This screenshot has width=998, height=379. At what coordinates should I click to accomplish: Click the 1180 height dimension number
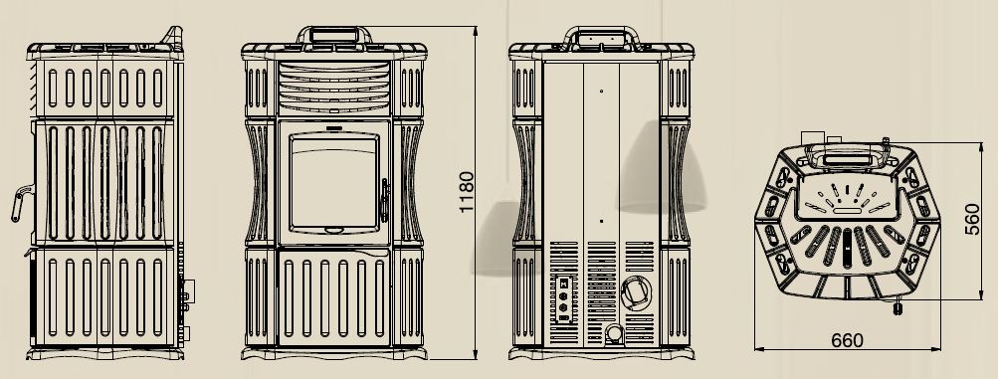pyautogui.click(x=467, y=192)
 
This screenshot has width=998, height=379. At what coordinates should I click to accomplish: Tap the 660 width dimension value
pyautogui.click(x=847, y=341)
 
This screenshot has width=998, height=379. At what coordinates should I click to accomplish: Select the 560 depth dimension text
pyautogui.click(x=972, y=220)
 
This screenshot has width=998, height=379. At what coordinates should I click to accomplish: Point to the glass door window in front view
pyautogui.click(x=334, y=183)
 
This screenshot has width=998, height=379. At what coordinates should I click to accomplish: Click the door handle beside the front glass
pyautogui.click(x=384, y=200)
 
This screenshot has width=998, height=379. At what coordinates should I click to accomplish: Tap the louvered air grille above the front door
pyautogui.click(x=334, y=88)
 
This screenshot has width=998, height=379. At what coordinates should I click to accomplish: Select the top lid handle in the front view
pyautogui.click(x=334, y=35)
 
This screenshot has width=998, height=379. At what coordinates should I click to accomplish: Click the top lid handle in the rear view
pyautogui.click(x=601, y=36)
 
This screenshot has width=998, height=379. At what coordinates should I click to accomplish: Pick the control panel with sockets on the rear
pyautogui.click(x=563, y=298)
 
